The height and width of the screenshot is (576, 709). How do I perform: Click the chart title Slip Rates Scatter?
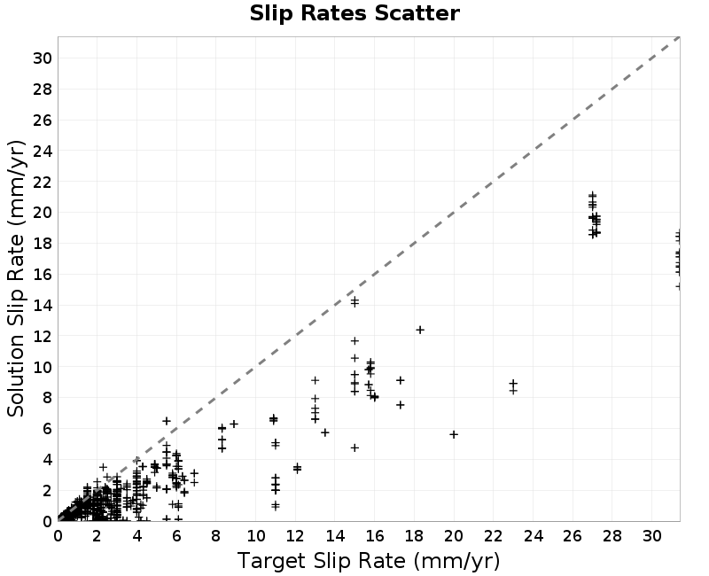pyautogui.click(x=354, y=13)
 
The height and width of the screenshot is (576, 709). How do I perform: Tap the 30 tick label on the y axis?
pyautogui.click(x=42, y=58)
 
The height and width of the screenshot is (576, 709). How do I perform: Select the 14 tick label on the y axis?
pyautogui.click(x=42, y=305)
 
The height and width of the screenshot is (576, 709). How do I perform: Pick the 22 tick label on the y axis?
pyautogui.click(x=42, y=182)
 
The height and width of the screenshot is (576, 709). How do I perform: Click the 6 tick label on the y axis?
pyautogui.click(x=47, y=429)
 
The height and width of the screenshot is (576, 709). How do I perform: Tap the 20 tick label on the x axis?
pyautogui.click(x=454, y=536)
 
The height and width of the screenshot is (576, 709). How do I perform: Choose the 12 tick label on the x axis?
pyautogui.click(x=295, y=536)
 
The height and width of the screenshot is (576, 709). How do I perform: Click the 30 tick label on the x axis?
pyautogui.click(x=651, y=536)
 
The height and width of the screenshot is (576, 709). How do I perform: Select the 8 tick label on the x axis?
pyautogui.click(x=215, y=536)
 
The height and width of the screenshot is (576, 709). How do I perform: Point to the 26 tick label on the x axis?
pyautogui.click(x=573, y=536)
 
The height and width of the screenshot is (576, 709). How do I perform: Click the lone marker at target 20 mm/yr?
pyautogui.click(x=454, y=434)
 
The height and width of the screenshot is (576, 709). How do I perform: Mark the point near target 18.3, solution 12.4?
pyautogui.click(x=420, y=330)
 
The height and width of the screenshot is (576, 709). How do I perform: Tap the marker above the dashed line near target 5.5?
pyautogui.click(x=167, y=421)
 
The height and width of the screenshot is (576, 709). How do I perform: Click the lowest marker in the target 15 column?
pyautogui.click(x=355, y=448)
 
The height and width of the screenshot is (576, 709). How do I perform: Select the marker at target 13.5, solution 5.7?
pyautogui.click(x=324, y=432)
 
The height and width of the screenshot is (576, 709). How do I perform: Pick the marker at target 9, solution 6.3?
pyautogui.click(x=234, y=424)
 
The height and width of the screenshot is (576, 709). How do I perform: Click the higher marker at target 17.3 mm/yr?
pyautogui.click(x=401, y=380)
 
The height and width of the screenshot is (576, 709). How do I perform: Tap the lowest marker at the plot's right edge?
pyautogui.click(x=678, y=286)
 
